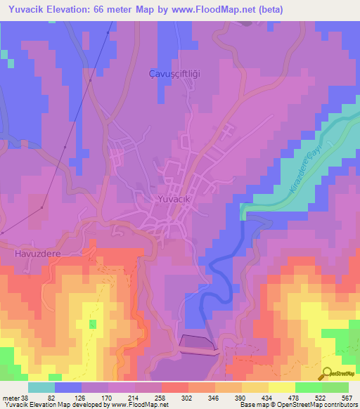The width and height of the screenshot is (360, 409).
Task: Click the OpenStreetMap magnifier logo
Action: [x=326, y=373]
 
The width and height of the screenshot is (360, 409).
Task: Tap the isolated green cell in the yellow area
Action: [x=93, y=323]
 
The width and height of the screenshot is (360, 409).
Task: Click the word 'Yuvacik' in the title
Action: [x=23, y=8]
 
